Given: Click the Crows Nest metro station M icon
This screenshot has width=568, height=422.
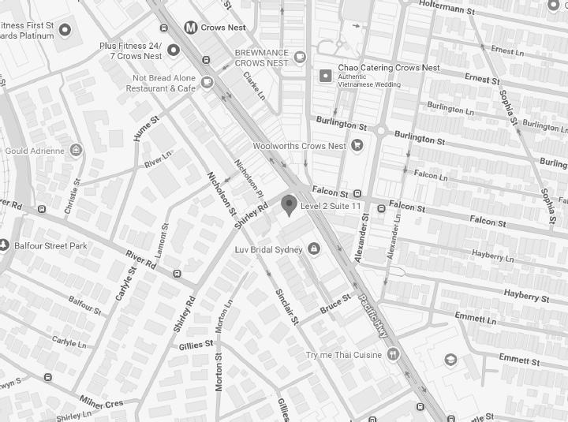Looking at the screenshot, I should tap(190, 28).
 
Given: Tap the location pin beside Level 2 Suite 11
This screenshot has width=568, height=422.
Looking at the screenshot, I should tap(290, 205).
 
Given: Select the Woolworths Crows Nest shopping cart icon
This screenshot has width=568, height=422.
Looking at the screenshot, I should tap(357, 145).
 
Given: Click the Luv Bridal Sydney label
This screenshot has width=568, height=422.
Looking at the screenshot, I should tap(269, 250).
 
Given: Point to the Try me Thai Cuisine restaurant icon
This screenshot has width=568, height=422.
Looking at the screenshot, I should tap(392, 355).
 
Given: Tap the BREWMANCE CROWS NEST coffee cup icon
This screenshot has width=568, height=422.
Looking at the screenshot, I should tap(300, 56).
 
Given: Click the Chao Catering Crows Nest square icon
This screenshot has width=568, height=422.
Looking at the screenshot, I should tap(325, 76).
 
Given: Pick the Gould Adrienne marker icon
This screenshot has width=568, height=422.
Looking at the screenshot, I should tap(76, 149).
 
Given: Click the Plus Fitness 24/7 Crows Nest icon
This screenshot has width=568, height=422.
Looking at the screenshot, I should tap(174, 50).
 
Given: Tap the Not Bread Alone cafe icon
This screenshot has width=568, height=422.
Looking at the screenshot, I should tap(207, 82).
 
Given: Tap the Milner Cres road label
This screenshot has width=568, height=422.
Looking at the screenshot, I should tap(102, 404).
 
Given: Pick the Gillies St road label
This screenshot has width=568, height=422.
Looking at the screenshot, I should tap(196, 345).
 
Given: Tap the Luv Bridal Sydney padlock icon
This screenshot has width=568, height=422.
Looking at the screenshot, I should tap(314, 250).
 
